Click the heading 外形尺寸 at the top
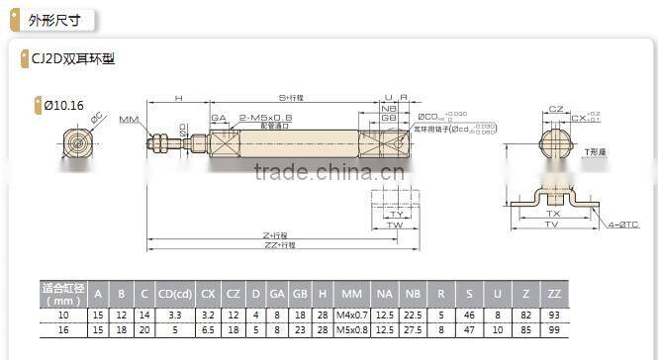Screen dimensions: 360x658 pyautogui.click(x=51, y=19)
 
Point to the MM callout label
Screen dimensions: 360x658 pyautogui.click(x=129, y=119)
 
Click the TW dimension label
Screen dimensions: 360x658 pyautogui.click(x=395, y=225)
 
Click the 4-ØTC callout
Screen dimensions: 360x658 pyautogui.click(x=624, y=225)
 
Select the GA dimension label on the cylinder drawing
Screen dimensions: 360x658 pyautogui.click(x=219, y=118)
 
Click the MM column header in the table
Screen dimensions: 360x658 pyautogui.click(x=351, y=293)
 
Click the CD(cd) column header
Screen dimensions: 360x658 pyautogui.click(x=174, y=293)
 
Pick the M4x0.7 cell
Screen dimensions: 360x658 pyautogui.click(x=351, y=314)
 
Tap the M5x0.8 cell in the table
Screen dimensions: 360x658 pyautogui.click(x=351, y=329)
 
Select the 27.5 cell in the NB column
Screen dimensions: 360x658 pyautogui.click(x=415, y=329)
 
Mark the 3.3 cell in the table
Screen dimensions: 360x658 pyautogui.click(x=174, y=314)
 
